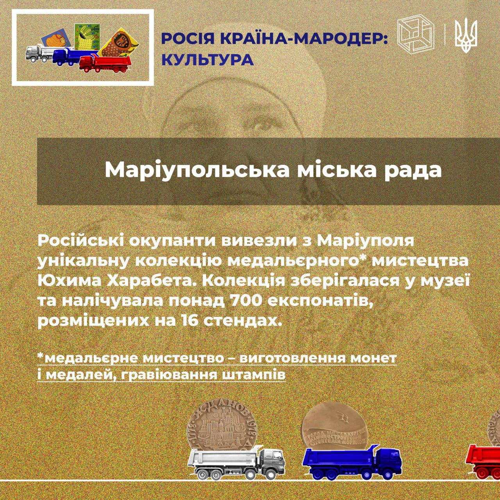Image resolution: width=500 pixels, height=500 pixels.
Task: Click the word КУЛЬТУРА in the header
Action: pos(207,60)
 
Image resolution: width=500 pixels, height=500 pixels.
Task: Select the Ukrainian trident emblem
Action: pos(466,36)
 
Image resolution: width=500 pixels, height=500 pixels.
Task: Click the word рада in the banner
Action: pos(413,170)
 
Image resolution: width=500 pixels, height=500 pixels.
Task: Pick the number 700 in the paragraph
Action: pos(245,301)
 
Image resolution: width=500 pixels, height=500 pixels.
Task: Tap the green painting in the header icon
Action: pos(87,37)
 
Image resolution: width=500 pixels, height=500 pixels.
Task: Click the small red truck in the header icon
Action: pos(105,64)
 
